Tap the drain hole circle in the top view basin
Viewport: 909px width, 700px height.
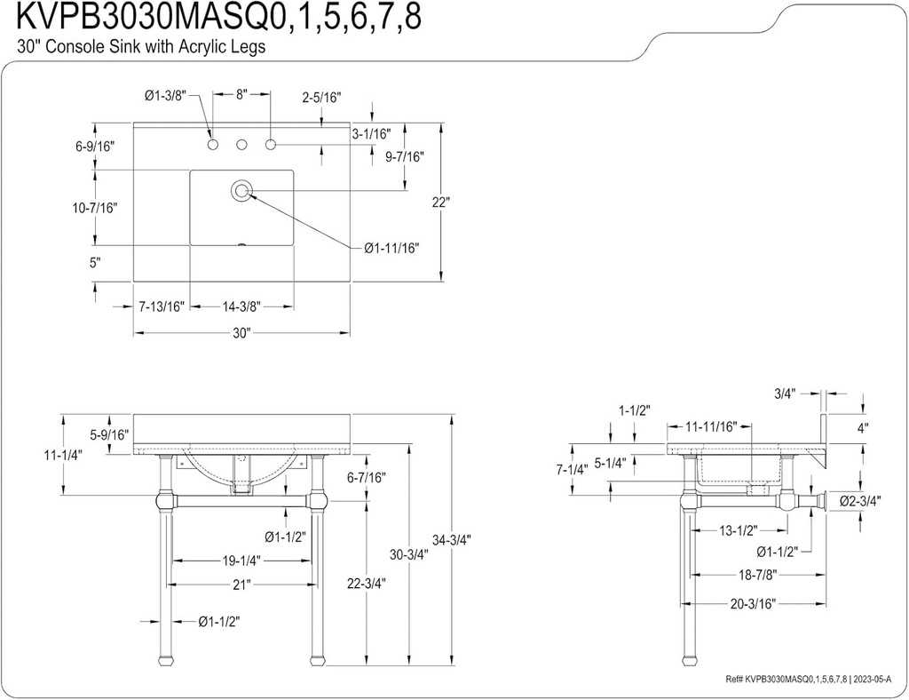241,189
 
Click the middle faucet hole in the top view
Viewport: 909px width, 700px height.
241,144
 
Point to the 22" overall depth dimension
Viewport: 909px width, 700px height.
442,202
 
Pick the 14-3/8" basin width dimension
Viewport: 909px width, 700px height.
241,306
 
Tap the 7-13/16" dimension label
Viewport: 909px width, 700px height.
162,306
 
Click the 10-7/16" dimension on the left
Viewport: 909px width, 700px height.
94,207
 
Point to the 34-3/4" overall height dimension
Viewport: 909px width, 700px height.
452,539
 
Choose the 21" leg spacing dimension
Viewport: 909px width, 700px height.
241,584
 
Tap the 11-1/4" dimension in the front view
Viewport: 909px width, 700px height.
64,454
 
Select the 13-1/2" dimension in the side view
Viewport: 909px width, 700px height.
737,530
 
